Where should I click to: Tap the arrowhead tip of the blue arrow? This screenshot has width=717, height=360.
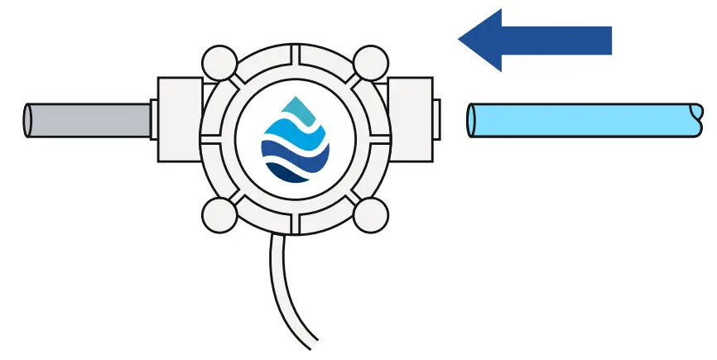(461, 39)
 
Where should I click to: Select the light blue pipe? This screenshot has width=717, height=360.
(580, 119)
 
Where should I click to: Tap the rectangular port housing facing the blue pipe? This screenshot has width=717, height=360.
(409, 120)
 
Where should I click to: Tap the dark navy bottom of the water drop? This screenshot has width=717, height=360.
(296, 173)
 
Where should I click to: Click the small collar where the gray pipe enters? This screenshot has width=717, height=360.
(153, 120)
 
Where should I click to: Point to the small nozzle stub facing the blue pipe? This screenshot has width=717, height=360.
(436, 120)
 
